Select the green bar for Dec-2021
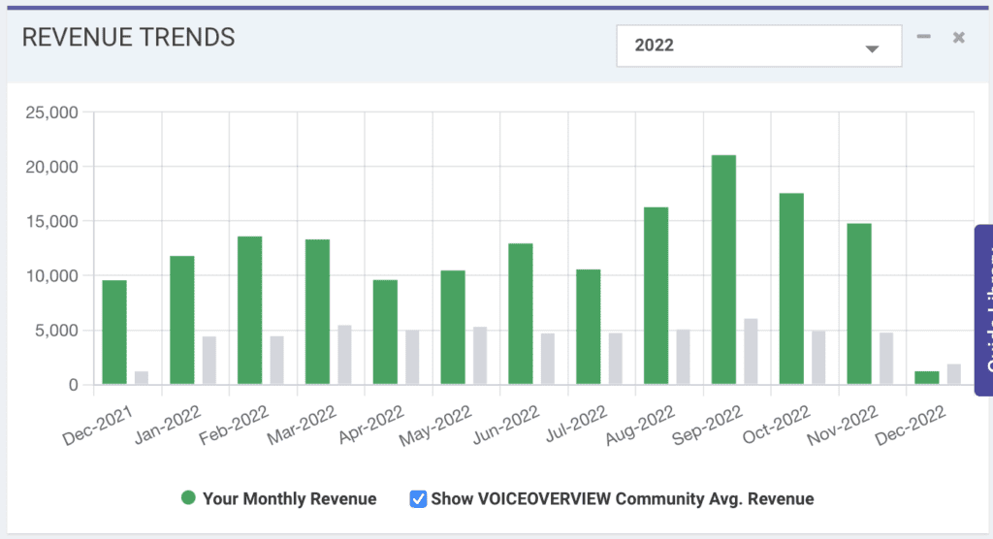(114, 333)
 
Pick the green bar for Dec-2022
(926, 378)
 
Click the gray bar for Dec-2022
(954, 374)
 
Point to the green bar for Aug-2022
(656, 296)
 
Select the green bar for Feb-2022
(249, 310)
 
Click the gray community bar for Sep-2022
(751, 351)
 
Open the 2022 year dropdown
(758, 47)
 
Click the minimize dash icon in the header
(924, 37)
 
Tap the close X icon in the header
(958, 38)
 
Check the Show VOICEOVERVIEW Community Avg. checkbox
(418, 499)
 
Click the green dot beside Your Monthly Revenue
(188, 498)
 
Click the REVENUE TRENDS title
(128, 38)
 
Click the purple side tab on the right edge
(983, 310)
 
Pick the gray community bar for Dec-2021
(142, 378)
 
